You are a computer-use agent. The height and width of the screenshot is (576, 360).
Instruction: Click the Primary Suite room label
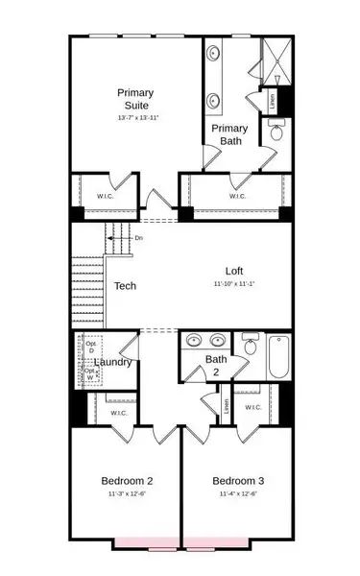pyautogui.click(x=135, y=98)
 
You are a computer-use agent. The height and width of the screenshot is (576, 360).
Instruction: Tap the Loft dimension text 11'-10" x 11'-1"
pyautogui.click(x=236, y=284)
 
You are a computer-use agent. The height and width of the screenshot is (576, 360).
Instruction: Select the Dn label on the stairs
pyautogui.click(x=139, y=238)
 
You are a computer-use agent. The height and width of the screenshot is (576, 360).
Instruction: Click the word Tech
pyautogui.click(x=125, y=285)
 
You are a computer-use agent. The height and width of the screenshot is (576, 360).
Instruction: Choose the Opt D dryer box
pyautogui.click(x=91, y=347)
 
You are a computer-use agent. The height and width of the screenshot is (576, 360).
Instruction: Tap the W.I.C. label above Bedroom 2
pyautogui.click(x=119, y=413)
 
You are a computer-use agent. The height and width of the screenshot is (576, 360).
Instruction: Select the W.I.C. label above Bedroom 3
pyautogui.click(x=252, y=407)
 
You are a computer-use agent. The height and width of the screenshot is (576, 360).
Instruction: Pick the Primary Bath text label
pyautogui.click(x=228, y=133)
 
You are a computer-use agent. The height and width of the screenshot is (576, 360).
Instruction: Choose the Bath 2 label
pyautogui.click(x=216, y=366)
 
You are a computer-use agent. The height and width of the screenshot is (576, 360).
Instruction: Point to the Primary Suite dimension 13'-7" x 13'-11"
pyautogui.click(x=135, y=117)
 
